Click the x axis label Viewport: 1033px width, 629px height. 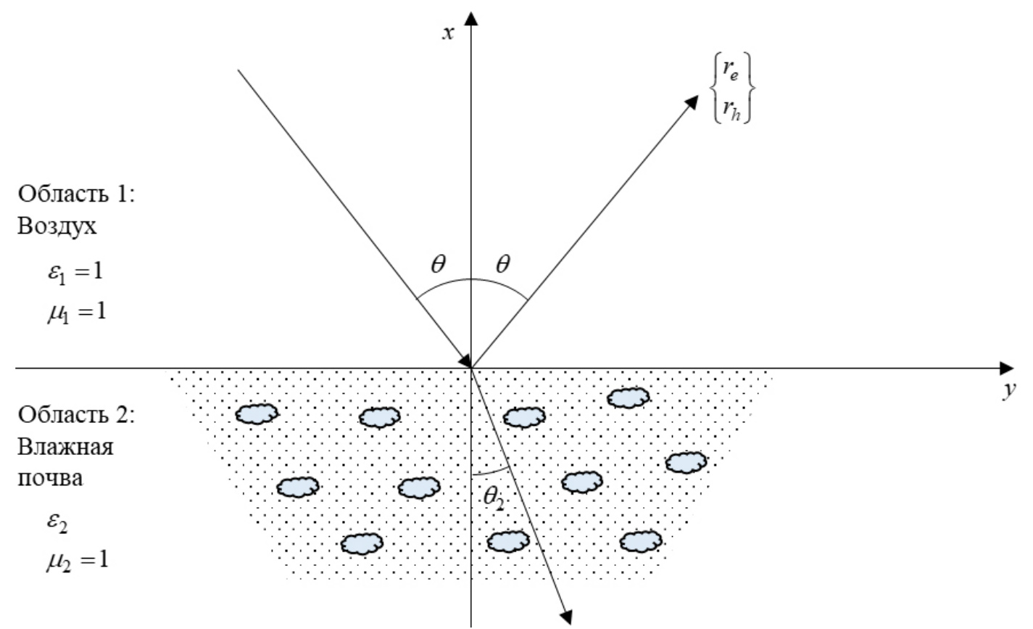[x=449, y=33]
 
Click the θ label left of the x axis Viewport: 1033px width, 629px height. [x=438, y=265]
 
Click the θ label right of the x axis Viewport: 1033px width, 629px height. [x=502, y=265]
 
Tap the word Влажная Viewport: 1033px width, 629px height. [x=65, y=447]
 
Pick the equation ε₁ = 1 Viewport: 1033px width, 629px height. [x=75, y=274]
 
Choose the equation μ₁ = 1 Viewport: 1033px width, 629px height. [x=75, y=314]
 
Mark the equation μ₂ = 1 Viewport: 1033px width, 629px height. [x=76, y=560]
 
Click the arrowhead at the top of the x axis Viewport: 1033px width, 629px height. [x=472, y=17]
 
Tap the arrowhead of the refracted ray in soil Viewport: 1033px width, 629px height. [x=567, y=613]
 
